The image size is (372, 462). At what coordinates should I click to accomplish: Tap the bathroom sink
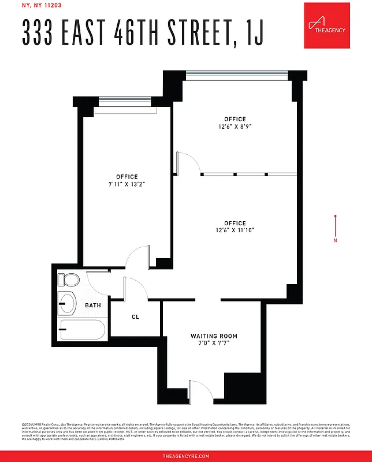click(x=67, y=303)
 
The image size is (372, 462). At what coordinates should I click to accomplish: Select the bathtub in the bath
click(x=83, y=330)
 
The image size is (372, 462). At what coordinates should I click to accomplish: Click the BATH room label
click(x=93, y=305)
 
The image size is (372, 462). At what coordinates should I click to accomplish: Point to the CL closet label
click(x=135, y=317)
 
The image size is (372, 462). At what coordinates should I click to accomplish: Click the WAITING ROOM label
click(x=214, y=336)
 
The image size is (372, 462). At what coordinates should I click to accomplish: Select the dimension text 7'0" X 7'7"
click(x=214, y=344)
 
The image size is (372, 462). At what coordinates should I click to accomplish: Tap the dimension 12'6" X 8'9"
click(x=235, y=126)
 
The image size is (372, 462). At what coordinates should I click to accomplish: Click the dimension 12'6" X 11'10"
click(x=235, y=230)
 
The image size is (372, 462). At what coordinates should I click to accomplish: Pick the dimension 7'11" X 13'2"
click(x=127, y=184)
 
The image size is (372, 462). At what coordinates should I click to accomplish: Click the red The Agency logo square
click(x=328, y=25)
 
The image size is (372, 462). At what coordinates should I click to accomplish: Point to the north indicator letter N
click(x=335, y=240)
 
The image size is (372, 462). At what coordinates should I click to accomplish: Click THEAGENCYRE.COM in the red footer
click(x=186, y=456)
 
